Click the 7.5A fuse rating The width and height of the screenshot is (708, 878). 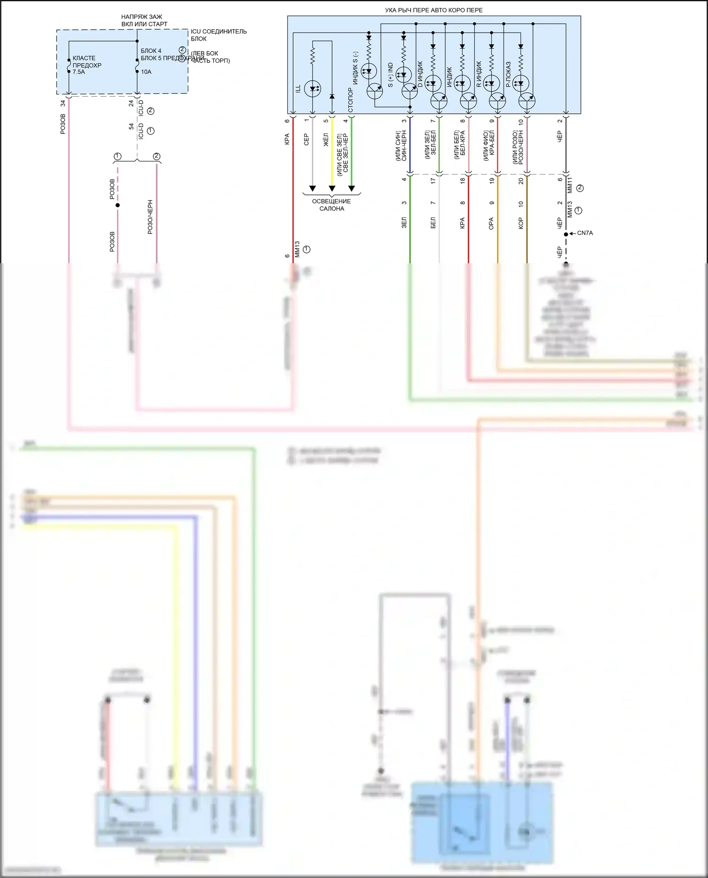click(79, 72)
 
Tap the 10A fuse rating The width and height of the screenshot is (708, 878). click(146, 72)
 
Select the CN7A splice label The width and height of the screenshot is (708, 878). click(585, 233)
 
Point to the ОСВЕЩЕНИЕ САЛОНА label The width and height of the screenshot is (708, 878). click(331, 205)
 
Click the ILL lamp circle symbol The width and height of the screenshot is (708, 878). click(312, 88)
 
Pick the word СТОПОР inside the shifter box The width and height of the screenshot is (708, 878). click(351, 100)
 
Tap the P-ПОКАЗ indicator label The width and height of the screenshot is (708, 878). click(508, 75)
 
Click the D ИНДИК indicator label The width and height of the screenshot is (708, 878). click(420, 74)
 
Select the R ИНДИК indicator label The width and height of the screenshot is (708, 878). click(479, 74)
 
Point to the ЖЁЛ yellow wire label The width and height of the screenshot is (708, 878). click(326, 139)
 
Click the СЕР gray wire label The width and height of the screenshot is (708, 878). click(306, 139)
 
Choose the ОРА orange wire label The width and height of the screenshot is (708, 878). click(491, 223)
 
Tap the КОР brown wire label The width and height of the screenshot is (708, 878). click(521, 223)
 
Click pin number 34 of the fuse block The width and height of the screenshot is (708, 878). click(62, 103)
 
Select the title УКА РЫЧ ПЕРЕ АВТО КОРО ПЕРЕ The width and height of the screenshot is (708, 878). click(434, 10)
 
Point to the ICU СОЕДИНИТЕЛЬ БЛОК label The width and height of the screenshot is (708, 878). click(219, 35)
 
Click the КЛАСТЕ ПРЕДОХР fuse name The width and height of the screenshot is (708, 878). click(87, 62)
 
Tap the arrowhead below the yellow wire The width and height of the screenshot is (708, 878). click(332, 189)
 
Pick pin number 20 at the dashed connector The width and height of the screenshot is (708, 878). click(521, 181)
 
